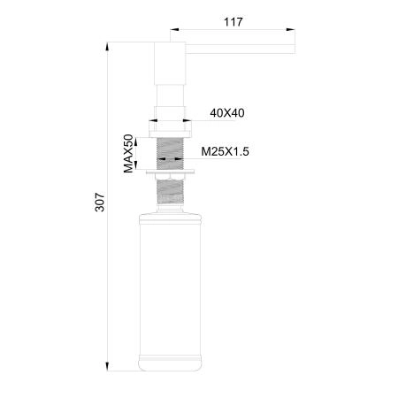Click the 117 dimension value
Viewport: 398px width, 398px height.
tap(233, 19)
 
